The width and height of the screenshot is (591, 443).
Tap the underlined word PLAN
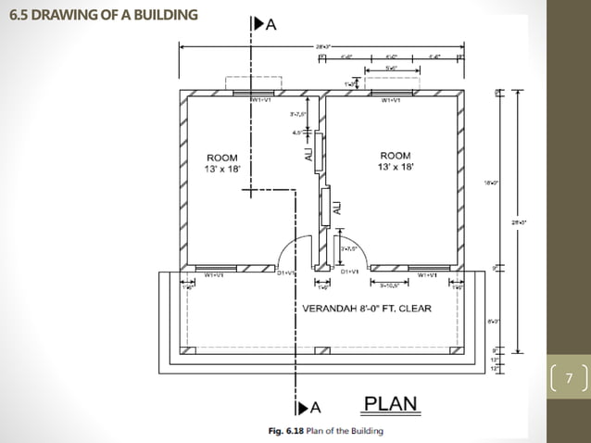click(390, 404)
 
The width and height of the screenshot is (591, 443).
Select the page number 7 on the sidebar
click(570, 378)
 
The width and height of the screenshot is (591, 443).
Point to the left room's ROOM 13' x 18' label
click(223, 163)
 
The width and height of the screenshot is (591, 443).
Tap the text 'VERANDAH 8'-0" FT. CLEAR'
click(367, 309)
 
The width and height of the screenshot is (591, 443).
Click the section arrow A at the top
click(266, 26)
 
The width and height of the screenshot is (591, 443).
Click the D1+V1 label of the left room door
click(285, 273)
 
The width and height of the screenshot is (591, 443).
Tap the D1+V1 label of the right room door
click(350, 272)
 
